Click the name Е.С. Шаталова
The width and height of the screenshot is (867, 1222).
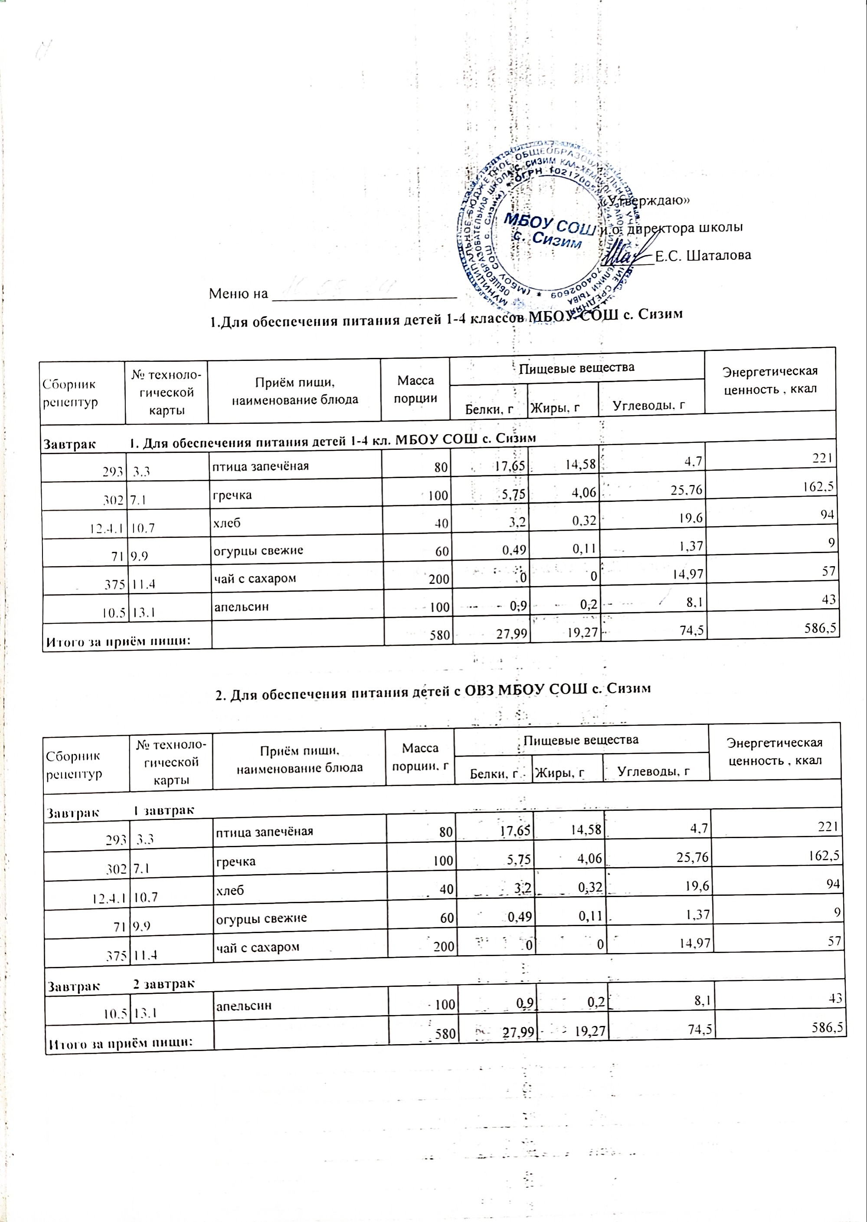(x=703, y=255)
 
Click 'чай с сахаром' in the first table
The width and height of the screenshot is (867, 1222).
(x=254, y=578)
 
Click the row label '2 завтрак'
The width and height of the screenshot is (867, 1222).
(x=164, y=983)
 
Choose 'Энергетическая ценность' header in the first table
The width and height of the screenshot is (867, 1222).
(x=770, y=380)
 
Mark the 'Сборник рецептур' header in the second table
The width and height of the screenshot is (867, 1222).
(x=73, y=764)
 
